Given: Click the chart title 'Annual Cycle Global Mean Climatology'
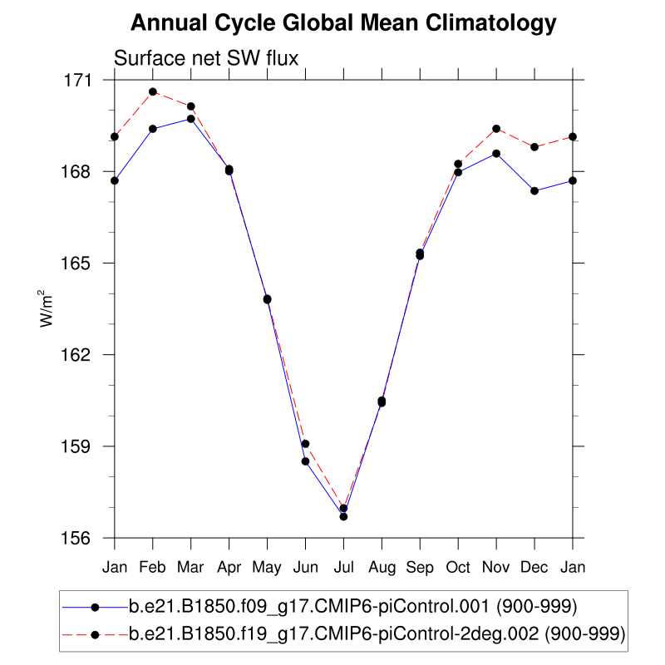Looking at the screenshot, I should point(343,23).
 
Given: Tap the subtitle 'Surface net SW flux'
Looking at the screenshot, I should point(205,58).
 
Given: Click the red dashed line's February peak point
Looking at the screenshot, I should point(153,91).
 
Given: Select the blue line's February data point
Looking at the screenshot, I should point(153,129).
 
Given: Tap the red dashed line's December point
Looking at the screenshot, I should point(534,147).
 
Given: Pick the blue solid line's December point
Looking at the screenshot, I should point(534,191).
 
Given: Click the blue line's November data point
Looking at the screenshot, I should point(496,154).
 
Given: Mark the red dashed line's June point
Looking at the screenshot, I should point(306,444).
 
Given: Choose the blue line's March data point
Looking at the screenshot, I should point(191,119).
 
